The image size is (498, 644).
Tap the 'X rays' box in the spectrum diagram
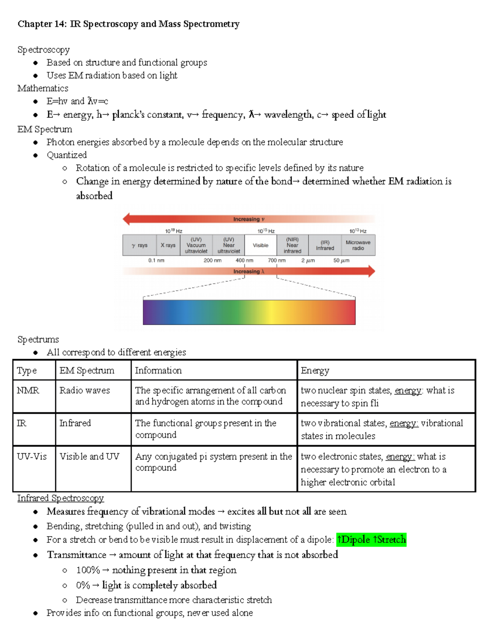[x=168, y=245]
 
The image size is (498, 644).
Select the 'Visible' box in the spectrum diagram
[x=261, y=245]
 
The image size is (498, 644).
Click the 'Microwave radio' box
[x=358, y=245]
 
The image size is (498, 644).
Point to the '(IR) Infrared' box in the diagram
[x=325, y=245]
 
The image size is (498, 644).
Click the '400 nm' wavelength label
[x=244, y=260]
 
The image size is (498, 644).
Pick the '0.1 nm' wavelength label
[x=156, y=260]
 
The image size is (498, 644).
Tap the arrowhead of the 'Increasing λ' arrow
[x=371, y=272]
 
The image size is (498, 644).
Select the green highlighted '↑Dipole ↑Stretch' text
[x=371, y=540]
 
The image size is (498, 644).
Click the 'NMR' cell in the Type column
[x=28, y=391]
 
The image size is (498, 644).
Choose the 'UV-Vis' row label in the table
[x=32, y=457]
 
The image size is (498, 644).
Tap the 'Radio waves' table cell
[x=85, y=391]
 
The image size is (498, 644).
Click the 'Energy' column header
[x=315, y=370]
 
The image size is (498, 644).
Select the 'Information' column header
[x=158, y=370]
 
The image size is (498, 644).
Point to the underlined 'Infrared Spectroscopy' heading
[x=61, y=498]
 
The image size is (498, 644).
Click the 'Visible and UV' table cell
[x=89, y=457]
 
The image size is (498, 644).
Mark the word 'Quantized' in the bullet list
[x=67, y=155]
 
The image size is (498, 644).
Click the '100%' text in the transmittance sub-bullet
[x=88, y=570]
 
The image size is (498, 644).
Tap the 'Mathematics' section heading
[x=43, y=88]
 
